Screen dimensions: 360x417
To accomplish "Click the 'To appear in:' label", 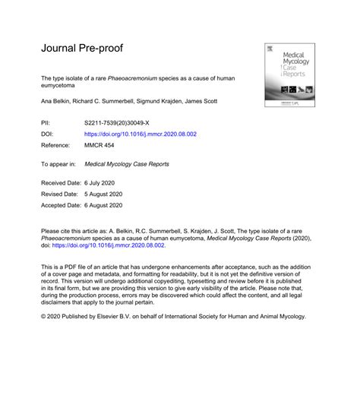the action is tap(58, 164).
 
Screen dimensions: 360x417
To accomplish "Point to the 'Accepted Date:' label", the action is tap(63, 205).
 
